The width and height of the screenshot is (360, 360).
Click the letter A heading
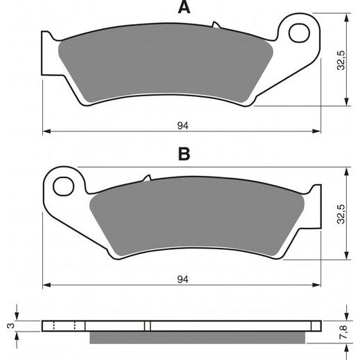click(x=183, y=8)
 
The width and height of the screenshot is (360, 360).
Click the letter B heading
click(x=183, y=154)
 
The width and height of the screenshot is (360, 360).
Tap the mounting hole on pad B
click(x=64, y=186)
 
